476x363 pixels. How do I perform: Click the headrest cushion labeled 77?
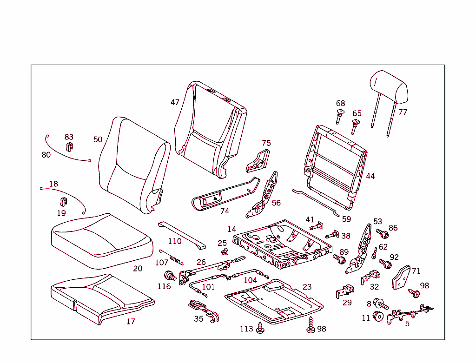point(388,86)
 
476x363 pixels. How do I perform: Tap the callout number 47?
point(175,102)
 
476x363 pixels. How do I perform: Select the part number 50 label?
point(98,139)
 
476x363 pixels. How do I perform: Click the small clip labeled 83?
point(69,147)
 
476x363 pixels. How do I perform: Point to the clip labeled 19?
point(62,202)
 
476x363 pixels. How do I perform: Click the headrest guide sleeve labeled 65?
point(355,125)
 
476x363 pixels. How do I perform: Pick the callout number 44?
point(370,176)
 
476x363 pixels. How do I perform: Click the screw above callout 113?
point(260,327)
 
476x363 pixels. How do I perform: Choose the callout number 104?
point(250,280)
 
